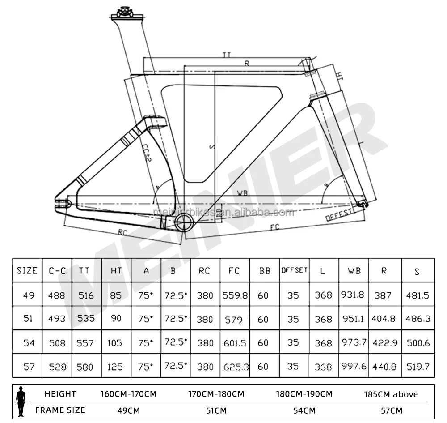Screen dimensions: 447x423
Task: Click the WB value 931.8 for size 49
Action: tap(353, 295)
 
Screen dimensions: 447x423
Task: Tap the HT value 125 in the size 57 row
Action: tap(115, 367)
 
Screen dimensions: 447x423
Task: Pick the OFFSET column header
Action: tap(294, 270)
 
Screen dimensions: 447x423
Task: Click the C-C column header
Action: tap(57, 271)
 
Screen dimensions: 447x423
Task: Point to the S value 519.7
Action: tap(418, 367)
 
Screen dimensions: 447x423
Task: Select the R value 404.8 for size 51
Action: tap(384, 319)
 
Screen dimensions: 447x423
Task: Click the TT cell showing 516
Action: tap(86, 295)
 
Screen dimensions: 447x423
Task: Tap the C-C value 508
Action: tap(57, 343)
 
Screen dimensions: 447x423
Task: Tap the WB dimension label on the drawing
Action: tap(243, 193)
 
